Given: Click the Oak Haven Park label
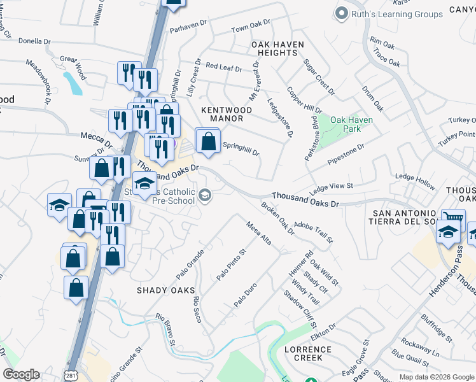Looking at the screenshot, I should [351, 124].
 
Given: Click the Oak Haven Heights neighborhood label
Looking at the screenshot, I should [277, 48].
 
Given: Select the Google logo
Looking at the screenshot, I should [21, 374].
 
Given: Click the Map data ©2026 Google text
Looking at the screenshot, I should [436, 377].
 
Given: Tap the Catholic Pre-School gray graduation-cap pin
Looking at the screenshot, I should [206, 194].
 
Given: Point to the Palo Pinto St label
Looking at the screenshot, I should [231, 265].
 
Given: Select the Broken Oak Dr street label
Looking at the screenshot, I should [277, 218].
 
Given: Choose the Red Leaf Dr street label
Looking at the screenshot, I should [224, 67].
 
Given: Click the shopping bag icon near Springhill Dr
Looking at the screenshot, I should [207, 141].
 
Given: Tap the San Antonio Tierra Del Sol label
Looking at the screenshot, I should [404, 216].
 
